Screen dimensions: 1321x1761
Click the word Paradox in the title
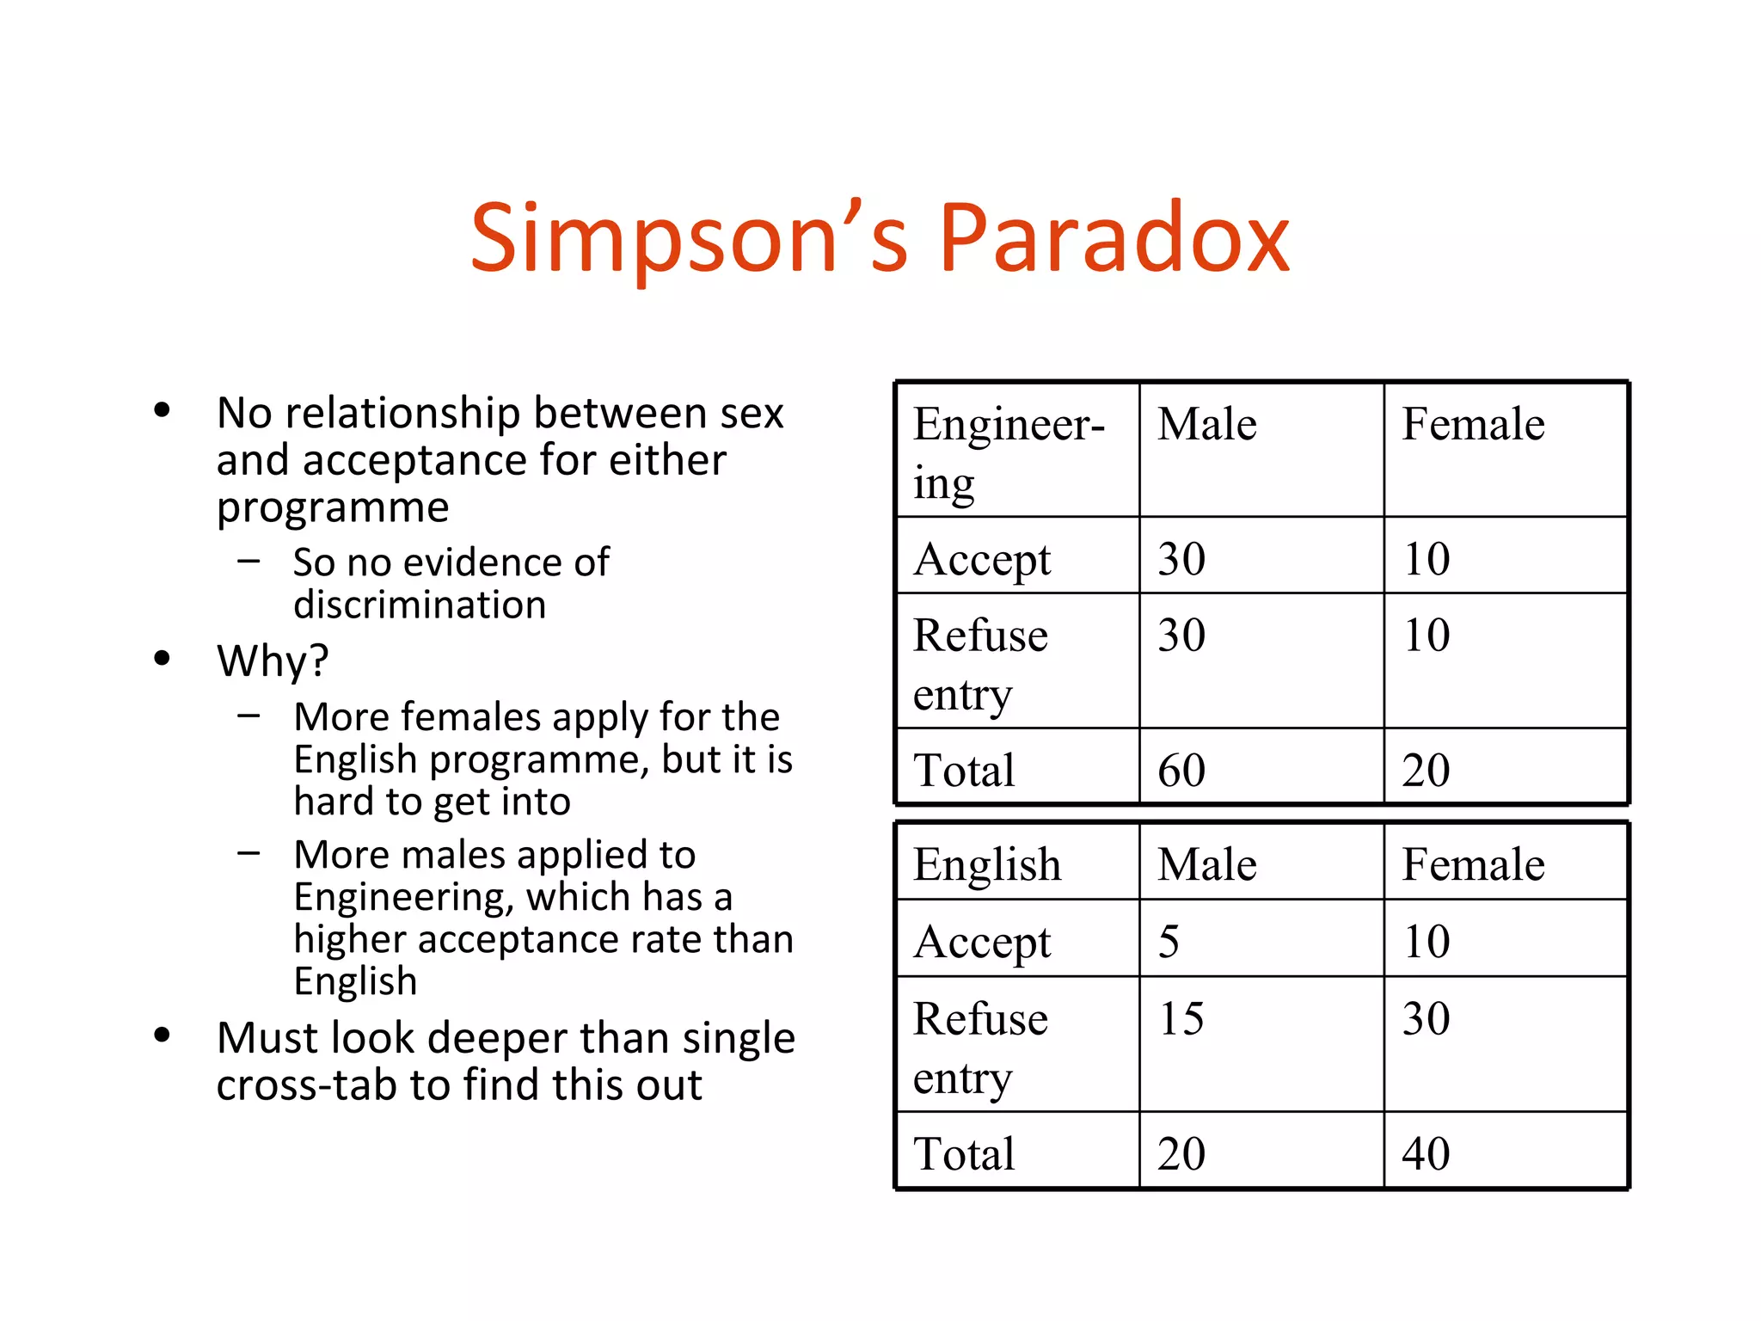point(1114,238)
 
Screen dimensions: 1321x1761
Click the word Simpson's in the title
point(689,238)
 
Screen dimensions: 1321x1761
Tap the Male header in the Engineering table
point(1206,424)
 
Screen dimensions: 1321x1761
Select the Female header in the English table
point(1473,864)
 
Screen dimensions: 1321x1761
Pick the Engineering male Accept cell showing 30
point(1181,559)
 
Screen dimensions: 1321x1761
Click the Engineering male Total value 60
point(1181,770)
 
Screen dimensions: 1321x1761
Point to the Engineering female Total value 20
point(1426,770)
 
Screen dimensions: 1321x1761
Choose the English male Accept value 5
point(1169,941)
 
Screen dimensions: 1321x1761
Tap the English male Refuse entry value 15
point(1181,1018)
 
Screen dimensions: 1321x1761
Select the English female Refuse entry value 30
point(1426,1018)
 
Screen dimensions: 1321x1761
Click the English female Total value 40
point(1426,1153)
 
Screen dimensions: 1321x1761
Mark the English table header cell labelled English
point(987,864)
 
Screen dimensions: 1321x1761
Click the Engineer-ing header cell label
point(1008,452)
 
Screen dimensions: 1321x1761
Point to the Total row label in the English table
point(964,1153)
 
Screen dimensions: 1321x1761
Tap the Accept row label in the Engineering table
point(982,560)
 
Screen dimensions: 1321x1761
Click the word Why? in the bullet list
point(273,661)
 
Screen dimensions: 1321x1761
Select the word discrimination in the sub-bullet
point(420,605)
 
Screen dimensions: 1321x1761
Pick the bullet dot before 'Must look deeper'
point(162,1035)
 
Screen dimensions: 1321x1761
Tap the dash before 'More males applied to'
point(249,853)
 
